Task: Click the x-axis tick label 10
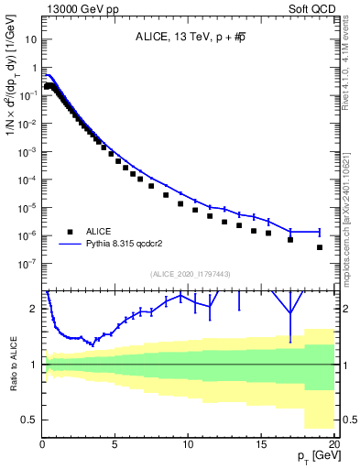point(188,444)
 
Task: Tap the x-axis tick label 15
point(261,444)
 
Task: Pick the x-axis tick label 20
point(333,444)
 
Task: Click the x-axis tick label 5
point(115,444)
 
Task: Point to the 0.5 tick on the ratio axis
point(29,420)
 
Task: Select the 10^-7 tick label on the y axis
point(27,263)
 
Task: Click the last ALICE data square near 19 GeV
point(320,247)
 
